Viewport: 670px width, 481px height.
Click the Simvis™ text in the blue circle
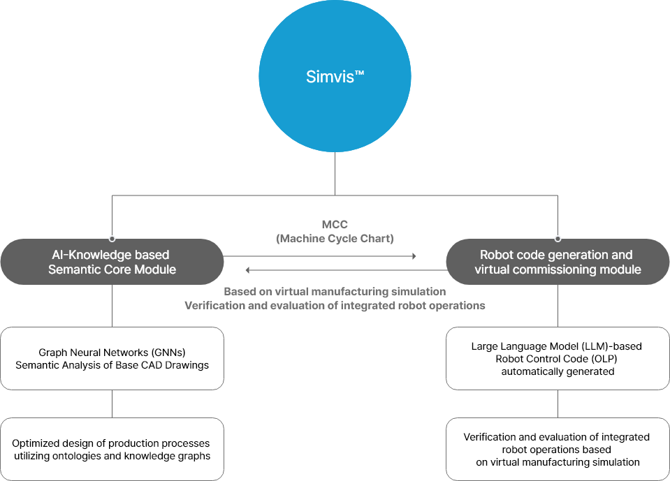[335, 77]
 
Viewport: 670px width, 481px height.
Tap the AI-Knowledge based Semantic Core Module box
[112, 262]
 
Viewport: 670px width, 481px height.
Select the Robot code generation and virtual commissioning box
[557, 262]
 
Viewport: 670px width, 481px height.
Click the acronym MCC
[335, 224]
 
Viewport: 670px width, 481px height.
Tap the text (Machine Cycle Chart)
[335, 239]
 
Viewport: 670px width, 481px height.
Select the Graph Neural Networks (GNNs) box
[112, 359]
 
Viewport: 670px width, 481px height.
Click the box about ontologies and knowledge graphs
[112, 450]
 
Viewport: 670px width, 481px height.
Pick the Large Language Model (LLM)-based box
[557, 359]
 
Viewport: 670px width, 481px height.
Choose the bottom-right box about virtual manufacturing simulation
[557, 450]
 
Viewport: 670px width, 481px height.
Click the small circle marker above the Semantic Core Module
[112, 238]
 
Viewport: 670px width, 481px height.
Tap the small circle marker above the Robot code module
[557, 238]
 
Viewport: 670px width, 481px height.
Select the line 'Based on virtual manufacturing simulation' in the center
[335, 292]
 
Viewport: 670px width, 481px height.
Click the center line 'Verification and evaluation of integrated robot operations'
[335, 305]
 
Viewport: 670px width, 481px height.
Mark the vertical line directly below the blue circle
[335, 173]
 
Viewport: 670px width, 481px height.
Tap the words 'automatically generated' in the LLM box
[557, 371]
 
